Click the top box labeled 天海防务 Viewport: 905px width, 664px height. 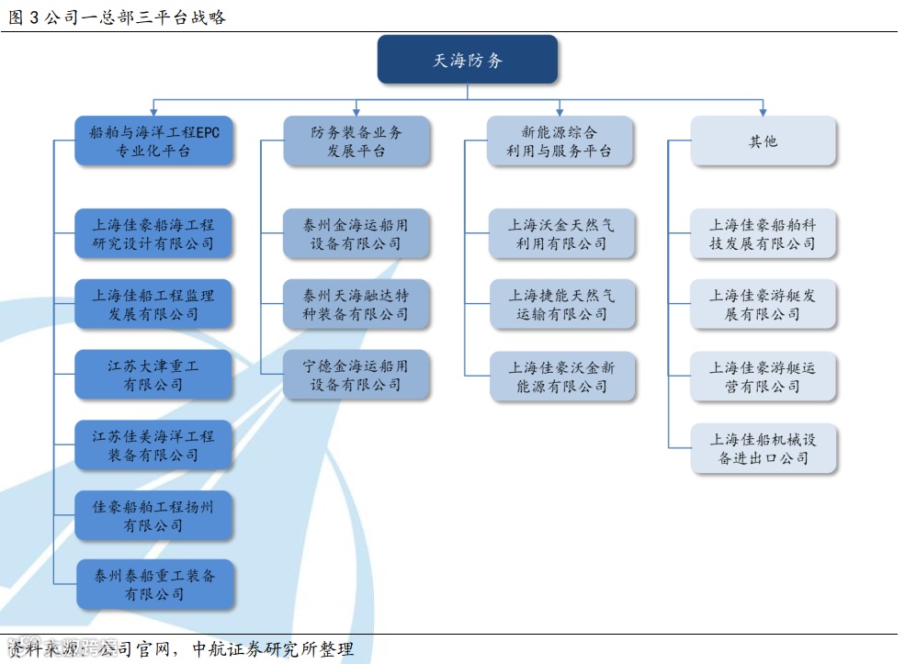(x=468, y=61)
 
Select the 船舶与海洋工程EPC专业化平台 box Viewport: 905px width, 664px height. (x=153, y=141)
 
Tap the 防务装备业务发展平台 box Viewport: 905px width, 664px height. (x=356, y=141)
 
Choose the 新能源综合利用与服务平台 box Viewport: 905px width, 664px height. (x=560, y=141)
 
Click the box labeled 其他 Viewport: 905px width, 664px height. (x=764, y=141)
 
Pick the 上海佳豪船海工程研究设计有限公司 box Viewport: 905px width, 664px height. (x=153, y=234)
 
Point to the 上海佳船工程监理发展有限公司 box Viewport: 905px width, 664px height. (x=153, y=305)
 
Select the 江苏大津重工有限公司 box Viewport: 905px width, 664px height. (x=153, y=375)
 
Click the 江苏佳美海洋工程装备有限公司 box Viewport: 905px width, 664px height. (x=153, y=445)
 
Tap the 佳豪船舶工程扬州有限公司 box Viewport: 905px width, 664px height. (x=153, y=515)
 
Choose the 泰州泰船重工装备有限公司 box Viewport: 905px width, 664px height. (x=153, y=585)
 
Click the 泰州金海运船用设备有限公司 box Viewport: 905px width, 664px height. (x=356, y=234)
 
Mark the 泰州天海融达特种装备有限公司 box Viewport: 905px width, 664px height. (x=356, y=305)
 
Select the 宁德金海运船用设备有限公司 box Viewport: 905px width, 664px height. (x=356, y=375)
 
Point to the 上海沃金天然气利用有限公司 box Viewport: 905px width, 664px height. (x=561, y=234)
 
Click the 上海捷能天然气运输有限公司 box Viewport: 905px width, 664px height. (x=561, y=305)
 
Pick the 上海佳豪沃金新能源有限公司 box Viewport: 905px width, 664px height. (x=561, y=377)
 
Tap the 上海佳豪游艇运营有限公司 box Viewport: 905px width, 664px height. (x=764, y=377)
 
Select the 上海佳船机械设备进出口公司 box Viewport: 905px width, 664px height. (x=764, y=448)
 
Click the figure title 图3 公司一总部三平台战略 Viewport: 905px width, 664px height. (x=117, y=17)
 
